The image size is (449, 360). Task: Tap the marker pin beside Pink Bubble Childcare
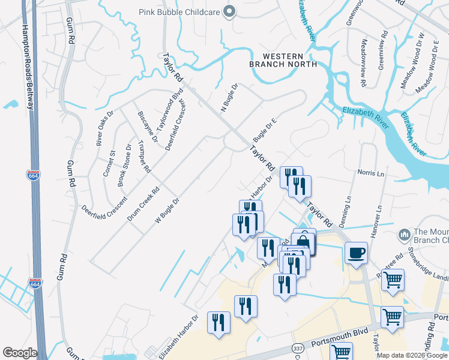229,11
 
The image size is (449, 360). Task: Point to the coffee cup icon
357,253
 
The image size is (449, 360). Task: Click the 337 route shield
298,348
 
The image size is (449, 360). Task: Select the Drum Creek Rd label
143,204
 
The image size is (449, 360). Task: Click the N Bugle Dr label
229,98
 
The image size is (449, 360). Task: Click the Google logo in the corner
20,352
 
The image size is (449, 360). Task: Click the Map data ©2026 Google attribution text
412,355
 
